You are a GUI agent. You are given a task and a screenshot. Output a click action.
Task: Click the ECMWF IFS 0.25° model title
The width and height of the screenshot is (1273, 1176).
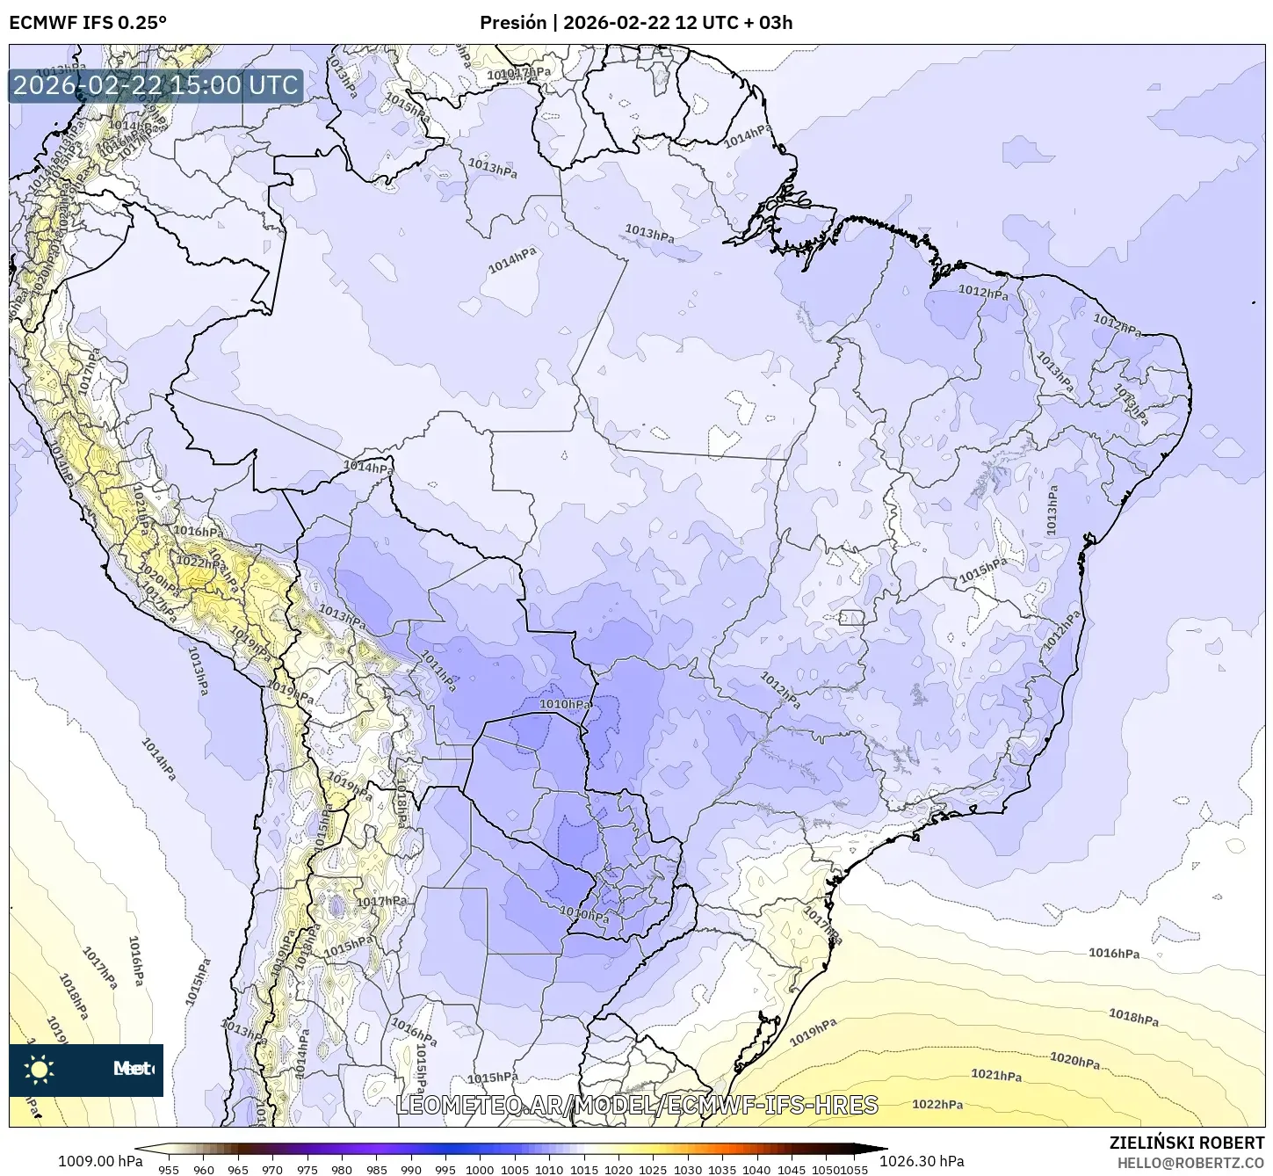click(x=87, y=23)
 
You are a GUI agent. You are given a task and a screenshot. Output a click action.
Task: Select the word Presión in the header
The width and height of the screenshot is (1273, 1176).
click(x=513, y=23)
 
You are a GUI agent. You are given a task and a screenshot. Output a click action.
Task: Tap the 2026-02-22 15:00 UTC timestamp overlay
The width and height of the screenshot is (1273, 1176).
click(x=156, y=85)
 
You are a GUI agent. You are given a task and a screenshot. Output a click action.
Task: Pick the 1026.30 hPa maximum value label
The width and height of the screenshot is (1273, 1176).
click(x=927, y=1161)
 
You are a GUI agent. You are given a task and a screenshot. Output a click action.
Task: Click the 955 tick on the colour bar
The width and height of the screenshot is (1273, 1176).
click(x=169, y=1169)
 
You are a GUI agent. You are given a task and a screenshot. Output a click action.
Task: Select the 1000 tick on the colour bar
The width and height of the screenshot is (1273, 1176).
click(x=480, y=1169)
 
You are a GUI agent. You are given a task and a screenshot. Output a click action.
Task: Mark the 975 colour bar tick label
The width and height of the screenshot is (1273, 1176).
click(x=307, y=1169)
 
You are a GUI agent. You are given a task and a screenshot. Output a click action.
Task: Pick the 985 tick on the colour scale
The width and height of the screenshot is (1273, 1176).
click(x=376, y=1169)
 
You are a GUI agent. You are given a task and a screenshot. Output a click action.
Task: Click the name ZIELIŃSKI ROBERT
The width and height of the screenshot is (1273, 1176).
click(x=1187, y=1143)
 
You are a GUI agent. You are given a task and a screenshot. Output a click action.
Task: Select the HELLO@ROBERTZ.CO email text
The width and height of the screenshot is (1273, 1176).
click(x=1191, y=1162)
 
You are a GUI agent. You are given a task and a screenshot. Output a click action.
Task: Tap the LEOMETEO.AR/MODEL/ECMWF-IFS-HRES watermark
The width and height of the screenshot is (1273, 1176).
click(x=637, y=1105)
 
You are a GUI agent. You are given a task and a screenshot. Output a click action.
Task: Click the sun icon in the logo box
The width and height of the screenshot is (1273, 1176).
click(x=40, y=1070)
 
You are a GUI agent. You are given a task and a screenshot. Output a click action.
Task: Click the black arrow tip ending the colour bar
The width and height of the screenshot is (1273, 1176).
click(x=882, y=1148)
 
